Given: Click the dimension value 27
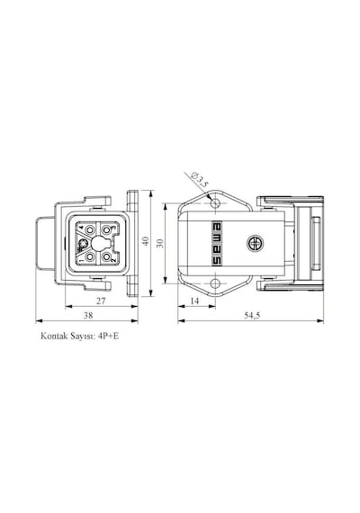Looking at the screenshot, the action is [x=101, y=301].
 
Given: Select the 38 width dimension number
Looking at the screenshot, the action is [x=88, y=315].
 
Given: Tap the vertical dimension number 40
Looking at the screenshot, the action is [x=146, y=241].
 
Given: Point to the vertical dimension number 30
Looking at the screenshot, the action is [x=160, y=243].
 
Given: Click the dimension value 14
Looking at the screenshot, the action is [x=194, y=301].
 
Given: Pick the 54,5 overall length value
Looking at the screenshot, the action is [x=252, y=315].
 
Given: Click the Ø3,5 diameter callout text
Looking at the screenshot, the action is [x=200, y=179].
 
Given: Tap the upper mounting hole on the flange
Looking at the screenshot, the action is [x=215, y=203].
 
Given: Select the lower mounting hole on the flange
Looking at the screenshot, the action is [x=215, y=283].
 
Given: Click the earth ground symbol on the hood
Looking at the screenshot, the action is [x=256, y=243].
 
